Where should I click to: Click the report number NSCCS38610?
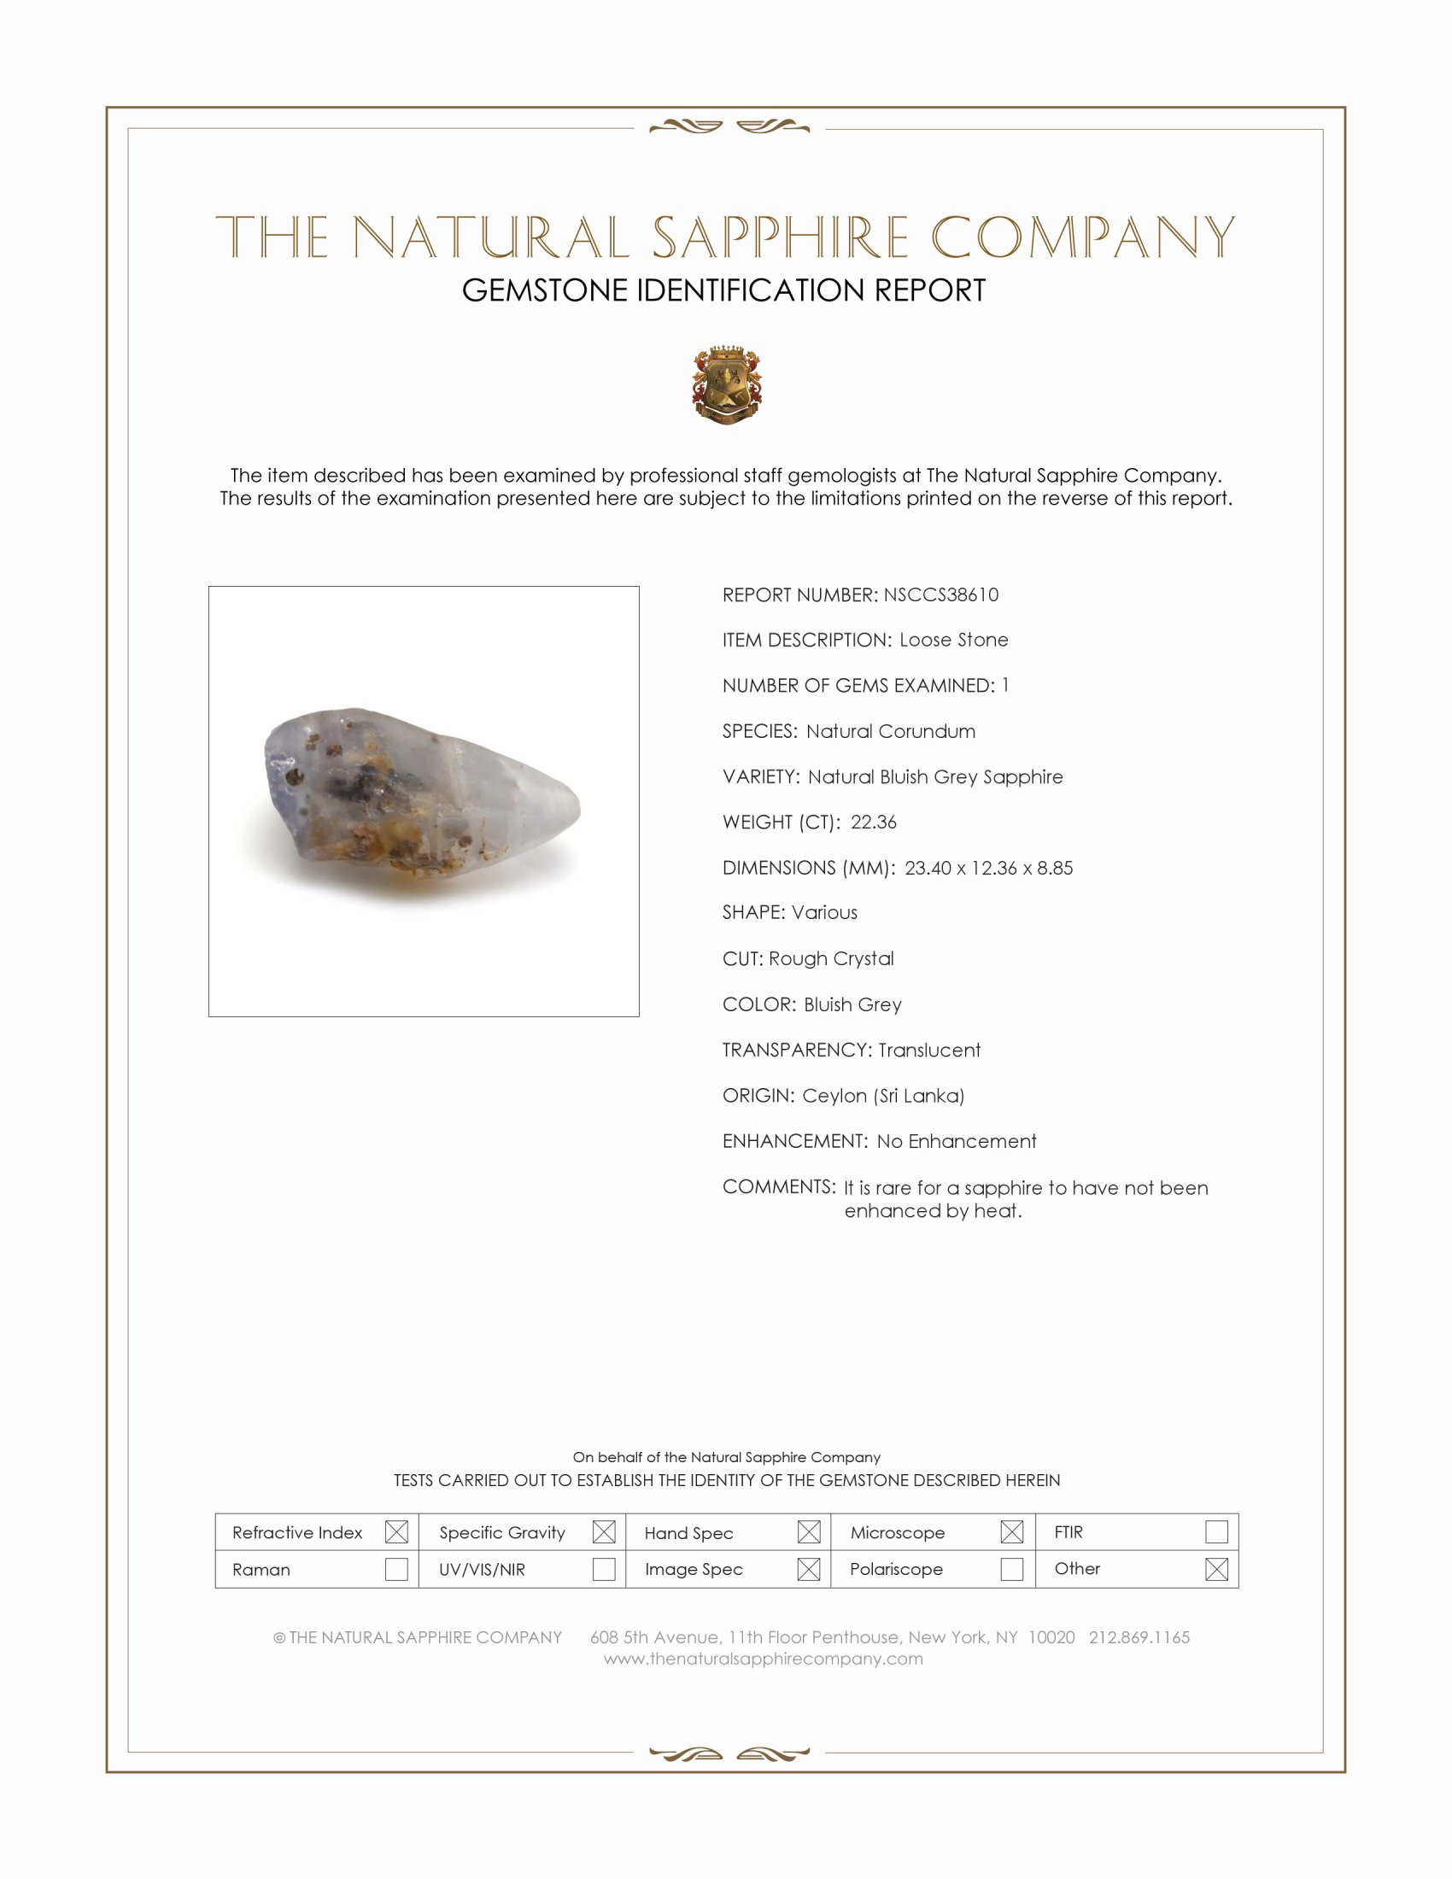pos(940,594)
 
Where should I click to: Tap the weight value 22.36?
pos(873,822)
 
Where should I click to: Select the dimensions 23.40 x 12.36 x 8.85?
pos(988,867)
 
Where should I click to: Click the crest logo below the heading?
pos(727,384)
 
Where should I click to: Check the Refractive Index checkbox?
pos(396,1531)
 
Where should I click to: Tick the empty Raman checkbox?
pos(396,1569)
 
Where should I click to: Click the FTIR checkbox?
pos(1216,1531)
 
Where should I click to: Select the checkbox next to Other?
pos(1216,1569)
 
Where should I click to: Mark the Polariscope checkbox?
pos(1012,1569)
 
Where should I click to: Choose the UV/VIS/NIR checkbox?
pos(604,1569)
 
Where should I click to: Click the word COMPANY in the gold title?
pos(1083,237)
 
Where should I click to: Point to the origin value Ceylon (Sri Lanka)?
pos(882,1095)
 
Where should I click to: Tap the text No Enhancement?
pos(957,1141)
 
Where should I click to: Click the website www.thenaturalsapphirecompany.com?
pos(763,1659)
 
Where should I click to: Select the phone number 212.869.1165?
pos(1139,1637)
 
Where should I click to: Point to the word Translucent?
pos(929,1050)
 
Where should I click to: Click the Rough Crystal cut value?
pos(831,958)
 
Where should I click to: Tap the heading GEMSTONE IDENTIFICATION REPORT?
pos(723,290)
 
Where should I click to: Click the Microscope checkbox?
pos(1012,1531)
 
